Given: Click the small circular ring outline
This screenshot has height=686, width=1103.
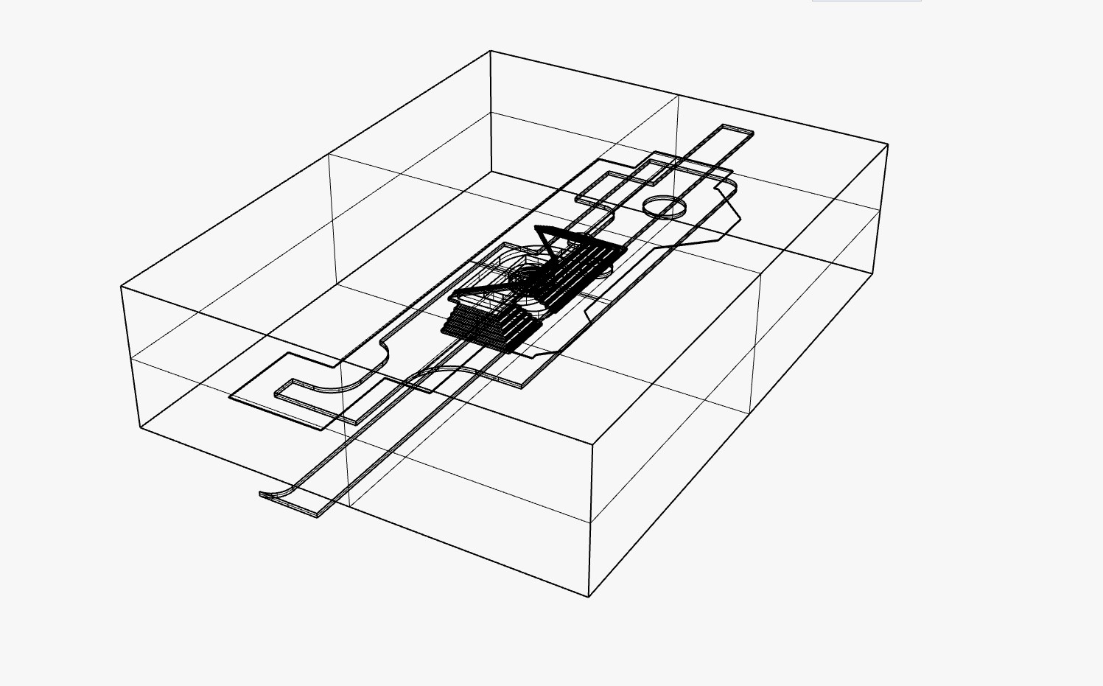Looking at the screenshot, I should point(664,206).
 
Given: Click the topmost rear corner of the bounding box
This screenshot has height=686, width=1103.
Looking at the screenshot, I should point(491,51).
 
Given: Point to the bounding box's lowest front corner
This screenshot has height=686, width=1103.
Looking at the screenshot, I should point(589,596).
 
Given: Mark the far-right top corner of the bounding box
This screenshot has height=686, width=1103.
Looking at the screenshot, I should point(888,144).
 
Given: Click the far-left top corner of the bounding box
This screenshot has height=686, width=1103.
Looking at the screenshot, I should point(122,287).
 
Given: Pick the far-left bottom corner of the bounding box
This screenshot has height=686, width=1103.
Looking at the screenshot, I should point(141,427).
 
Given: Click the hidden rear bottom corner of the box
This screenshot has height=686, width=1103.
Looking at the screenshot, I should point(491,172).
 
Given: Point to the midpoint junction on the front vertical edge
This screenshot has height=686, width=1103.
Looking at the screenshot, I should point(591,522).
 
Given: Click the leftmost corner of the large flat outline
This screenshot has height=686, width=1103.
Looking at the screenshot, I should point(231,397).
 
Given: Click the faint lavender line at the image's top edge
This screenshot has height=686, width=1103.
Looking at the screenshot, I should point(866,1).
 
